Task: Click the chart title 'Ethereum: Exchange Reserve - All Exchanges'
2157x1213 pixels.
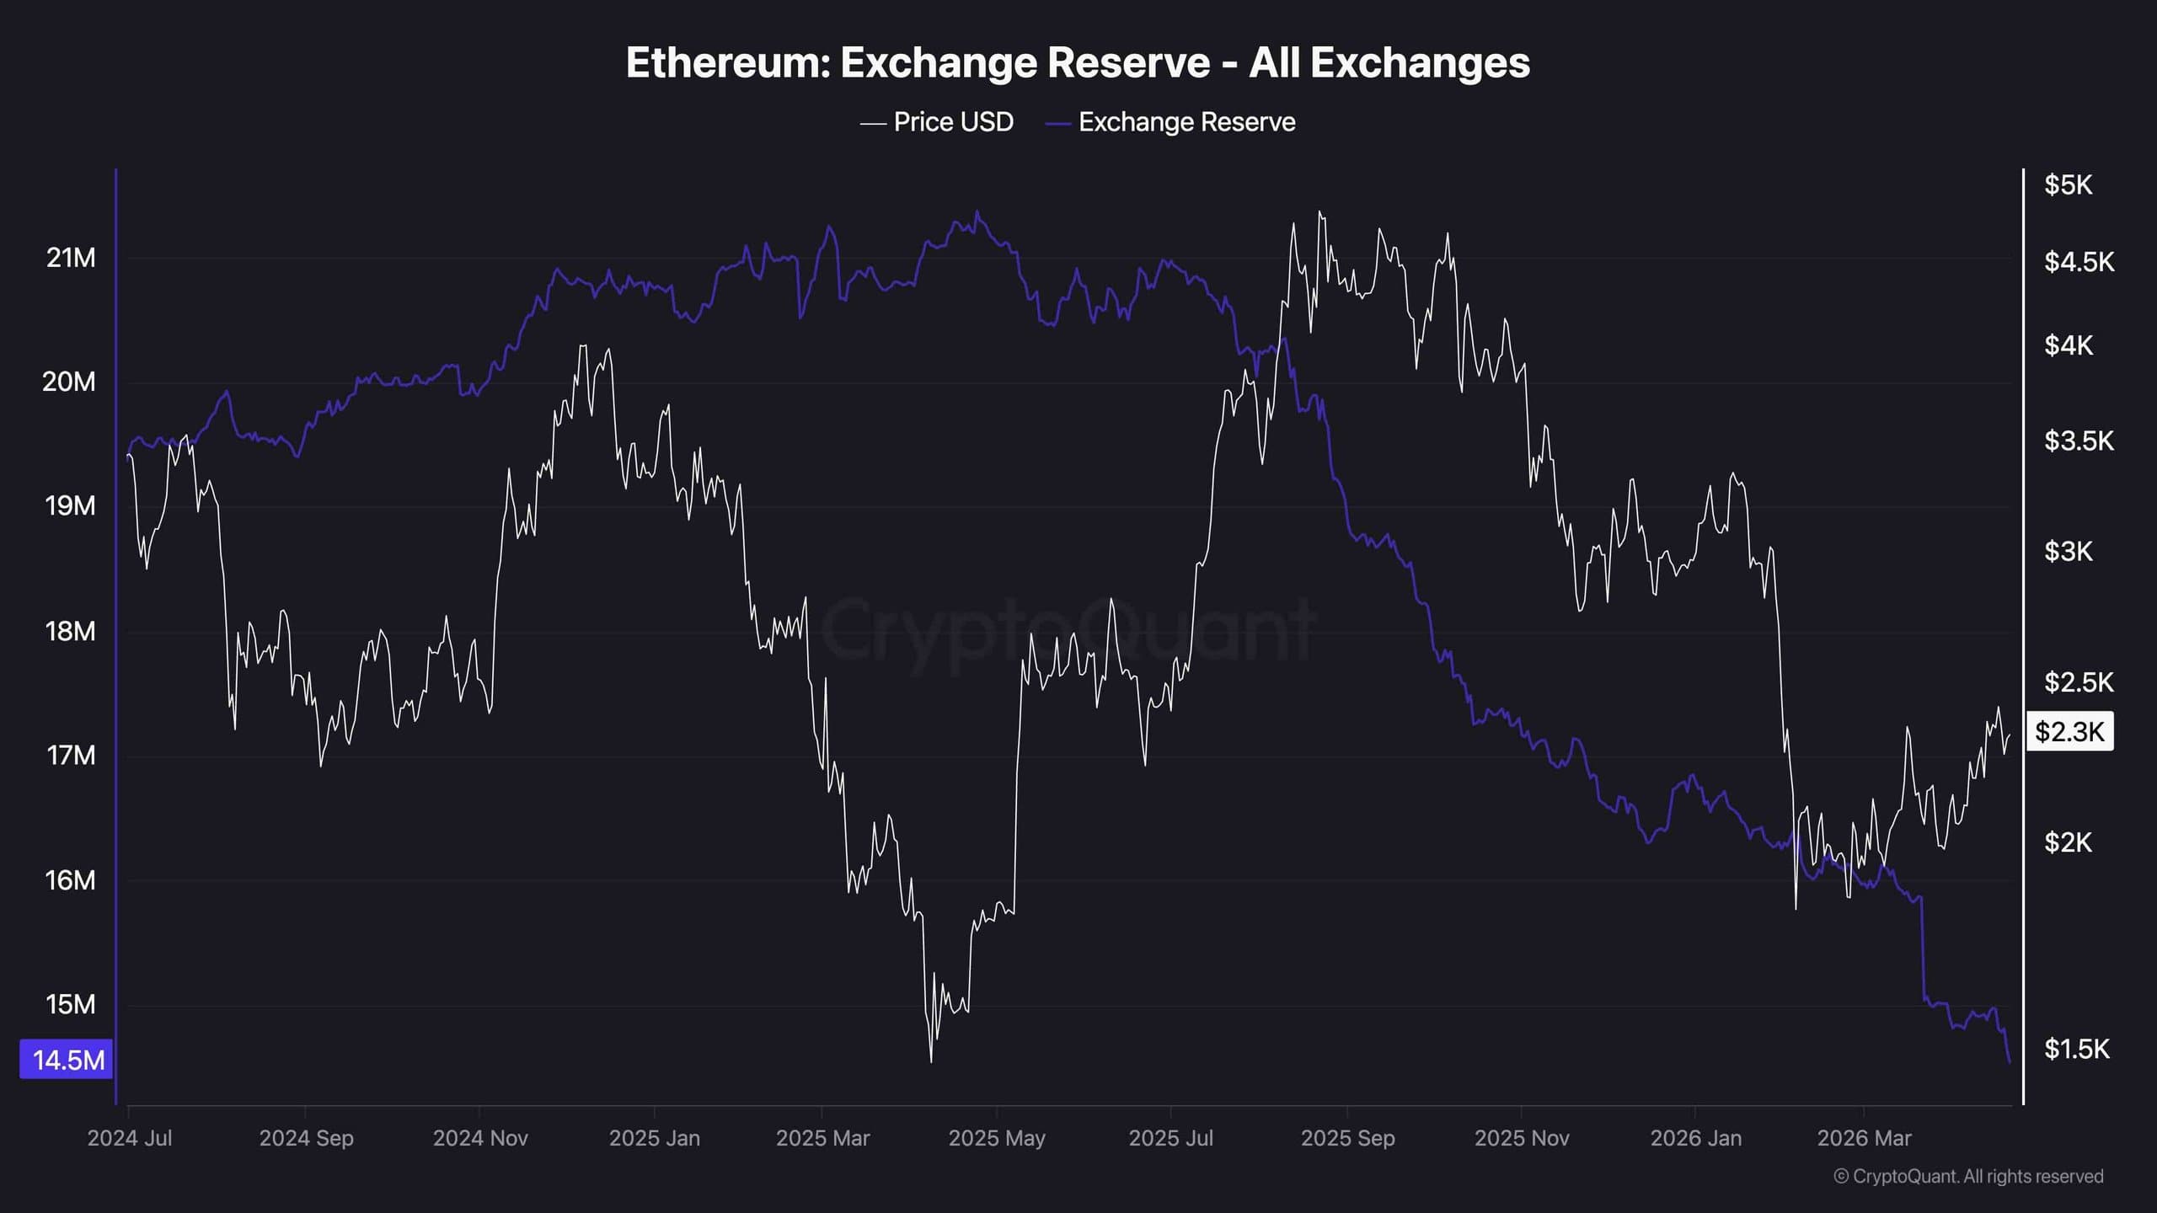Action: tap(1078, 62)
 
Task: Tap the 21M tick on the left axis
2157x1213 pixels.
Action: tap(71, 258)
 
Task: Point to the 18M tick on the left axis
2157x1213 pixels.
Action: tap(71, 631)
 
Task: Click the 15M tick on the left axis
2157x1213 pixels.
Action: tap(71, 1004)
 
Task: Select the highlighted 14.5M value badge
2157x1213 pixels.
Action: tap(67, 1060)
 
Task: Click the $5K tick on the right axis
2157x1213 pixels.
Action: tap(2068, 184)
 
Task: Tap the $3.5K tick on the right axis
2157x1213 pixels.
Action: tap(2078, 441)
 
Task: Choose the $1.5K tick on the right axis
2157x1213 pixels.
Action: tap(2076, 1049)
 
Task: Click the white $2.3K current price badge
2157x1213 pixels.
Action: tap(2069, 731)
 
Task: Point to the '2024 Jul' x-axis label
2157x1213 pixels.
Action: tap(130, 1138)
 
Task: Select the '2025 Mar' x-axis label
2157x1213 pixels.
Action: tap(822, 1138)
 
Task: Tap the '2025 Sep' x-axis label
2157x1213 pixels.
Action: tap(1347, 1138)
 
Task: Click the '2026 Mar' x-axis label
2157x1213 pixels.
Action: tap(1864, 1138)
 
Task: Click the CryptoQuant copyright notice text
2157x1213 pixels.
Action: tap(1968, 1176)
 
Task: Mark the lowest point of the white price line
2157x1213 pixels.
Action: tap(931, 1061)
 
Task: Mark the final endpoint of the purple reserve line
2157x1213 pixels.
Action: tap(2010, 1062)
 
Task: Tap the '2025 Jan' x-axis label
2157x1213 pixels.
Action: tap(654, 1138)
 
